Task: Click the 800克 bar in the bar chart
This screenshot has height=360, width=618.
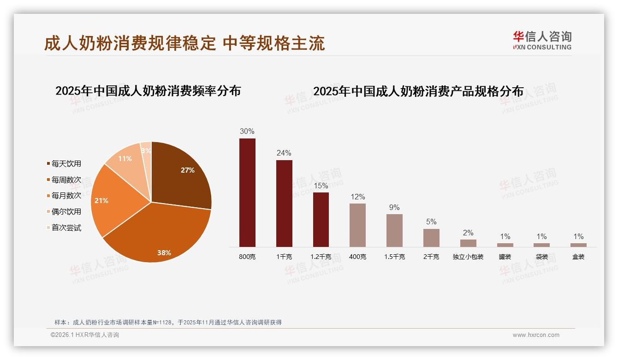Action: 247,192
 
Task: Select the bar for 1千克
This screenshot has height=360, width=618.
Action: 284,203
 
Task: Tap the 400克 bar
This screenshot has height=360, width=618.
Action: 357,225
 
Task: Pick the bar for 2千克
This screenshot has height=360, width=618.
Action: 431,238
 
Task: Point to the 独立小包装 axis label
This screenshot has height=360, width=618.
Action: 468,257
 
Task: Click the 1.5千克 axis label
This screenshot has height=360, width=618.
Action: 394,257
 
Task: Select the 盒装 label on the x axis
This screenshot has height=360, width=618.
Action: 578,257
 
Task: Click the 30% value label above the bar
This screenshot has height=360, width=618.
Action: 247,131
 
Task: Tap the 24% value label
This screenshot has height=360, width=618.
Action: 284,153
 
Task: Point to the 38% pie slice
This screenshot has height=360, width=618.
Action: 161,235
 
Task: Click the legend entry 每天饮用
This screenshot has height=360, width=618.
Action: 66,164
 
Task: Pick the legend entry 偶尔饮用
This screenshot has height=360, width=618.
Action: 66,212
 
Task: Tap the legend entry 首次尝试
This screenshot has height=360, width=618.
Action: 66,228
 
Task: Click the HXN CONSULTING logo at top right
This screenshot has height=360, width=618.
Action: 542,40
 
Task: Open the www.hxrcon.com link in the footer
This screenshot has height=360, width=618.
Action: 536,335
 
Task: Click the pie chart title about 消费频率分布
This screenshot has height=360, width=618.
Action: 148,91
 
